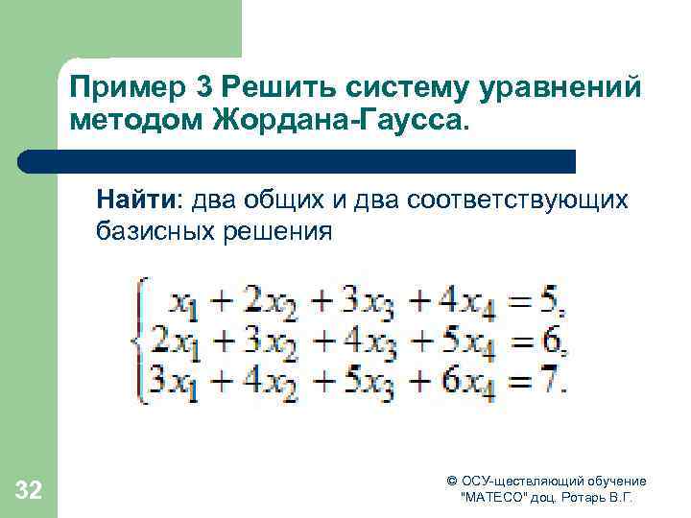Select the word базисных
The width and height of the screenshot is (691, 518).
(x=154, y=231)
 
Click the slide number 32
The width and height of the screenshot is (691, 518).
(x=29, y=492)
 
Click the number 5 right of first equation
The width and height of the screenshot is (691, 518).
(x=548, y=302)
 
